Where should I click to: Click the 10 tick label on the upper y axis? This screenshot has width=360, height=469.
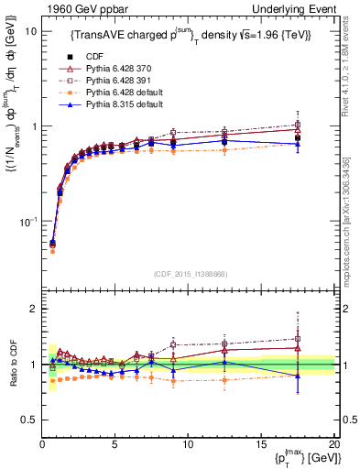point(29,31)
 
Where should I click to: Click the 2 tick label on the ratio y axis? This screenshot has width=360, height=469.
point(32,309)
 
